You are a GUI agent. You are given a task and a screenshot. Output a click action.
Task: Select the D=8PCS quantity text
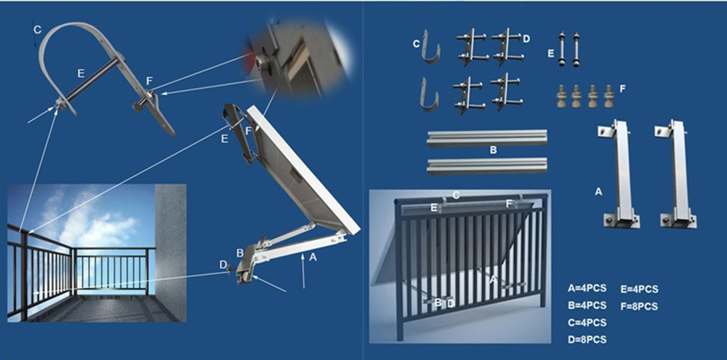pos(587,340)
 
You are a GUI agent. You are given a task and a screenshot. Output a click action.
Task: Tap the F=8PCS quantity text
pos(640,306)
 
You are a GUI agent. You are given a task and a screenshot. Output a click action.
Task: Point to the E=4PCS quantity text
pos(640,289)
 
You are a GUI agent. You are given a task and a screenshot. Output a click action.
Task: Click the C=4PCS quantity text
pos(587,323)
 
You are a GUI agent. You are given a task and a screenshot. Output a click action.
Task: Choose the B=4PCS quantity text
pos(587,306)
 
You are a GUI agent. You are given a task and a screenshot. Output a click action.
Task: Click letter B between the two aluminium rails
pos(493,151)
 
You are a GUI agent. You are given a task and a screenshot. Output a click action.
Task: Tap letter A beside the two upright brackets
pos(598,192)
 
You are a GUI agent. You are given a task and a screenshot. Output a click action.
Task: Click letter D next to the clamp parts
pos(526,38)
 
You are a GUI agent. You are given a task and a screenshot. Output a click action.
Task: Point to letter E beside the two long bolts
pos(550,53)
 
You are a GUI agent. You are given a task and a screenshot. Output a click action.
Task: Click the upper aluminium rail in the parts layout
pos(486,137)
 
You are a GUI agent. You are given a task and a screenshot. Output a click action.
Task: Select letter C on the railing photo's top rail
pos(455,195)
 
